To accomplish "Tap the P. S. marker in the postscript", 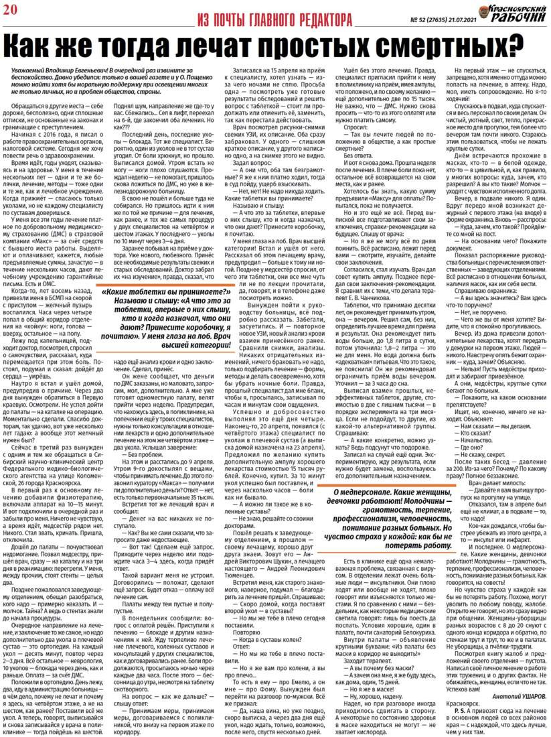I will [x=461, y=714].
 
